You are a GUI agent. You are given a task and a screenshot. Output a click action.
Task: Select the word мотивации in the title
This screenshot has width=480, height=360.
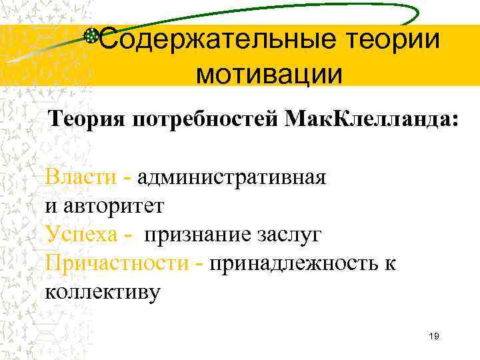(269, 73)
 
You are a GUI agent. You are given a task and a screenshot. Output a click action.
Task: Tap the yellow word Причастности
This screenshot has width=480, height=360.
(117, 263)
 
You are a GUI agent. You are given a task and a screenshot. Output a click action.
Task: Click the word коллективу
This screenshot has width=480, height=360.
(103, 292)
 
